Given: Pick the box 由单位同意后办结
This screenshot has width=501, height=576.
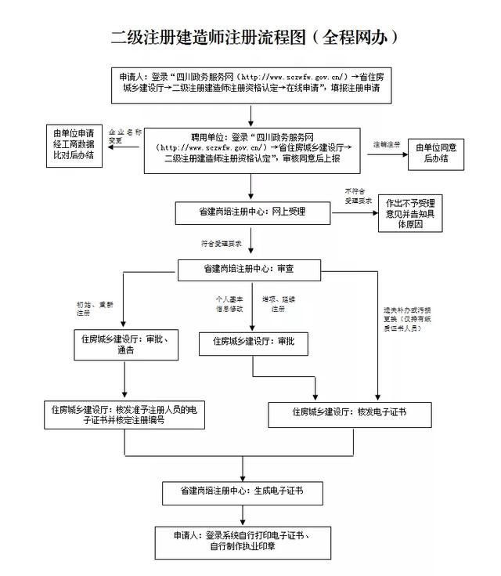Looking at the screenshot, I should [x=436, y=149].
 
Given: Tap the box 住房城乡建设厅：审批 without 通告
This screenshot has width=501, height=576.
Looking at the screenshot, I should [x=253, y=342].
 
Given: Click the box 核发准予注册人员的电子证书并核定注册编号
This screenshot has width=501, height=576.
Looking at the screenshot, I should [x=124, y=415].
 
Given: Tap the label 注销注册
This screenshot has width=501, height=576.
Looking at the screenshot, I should [x=386, y=145].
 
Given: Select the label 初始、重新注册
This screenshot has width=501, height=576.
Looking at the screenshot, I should [x=95, y=308].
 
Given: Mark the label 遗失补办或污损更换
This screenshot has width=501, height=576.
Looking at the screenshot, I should [x=409, y=317].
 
